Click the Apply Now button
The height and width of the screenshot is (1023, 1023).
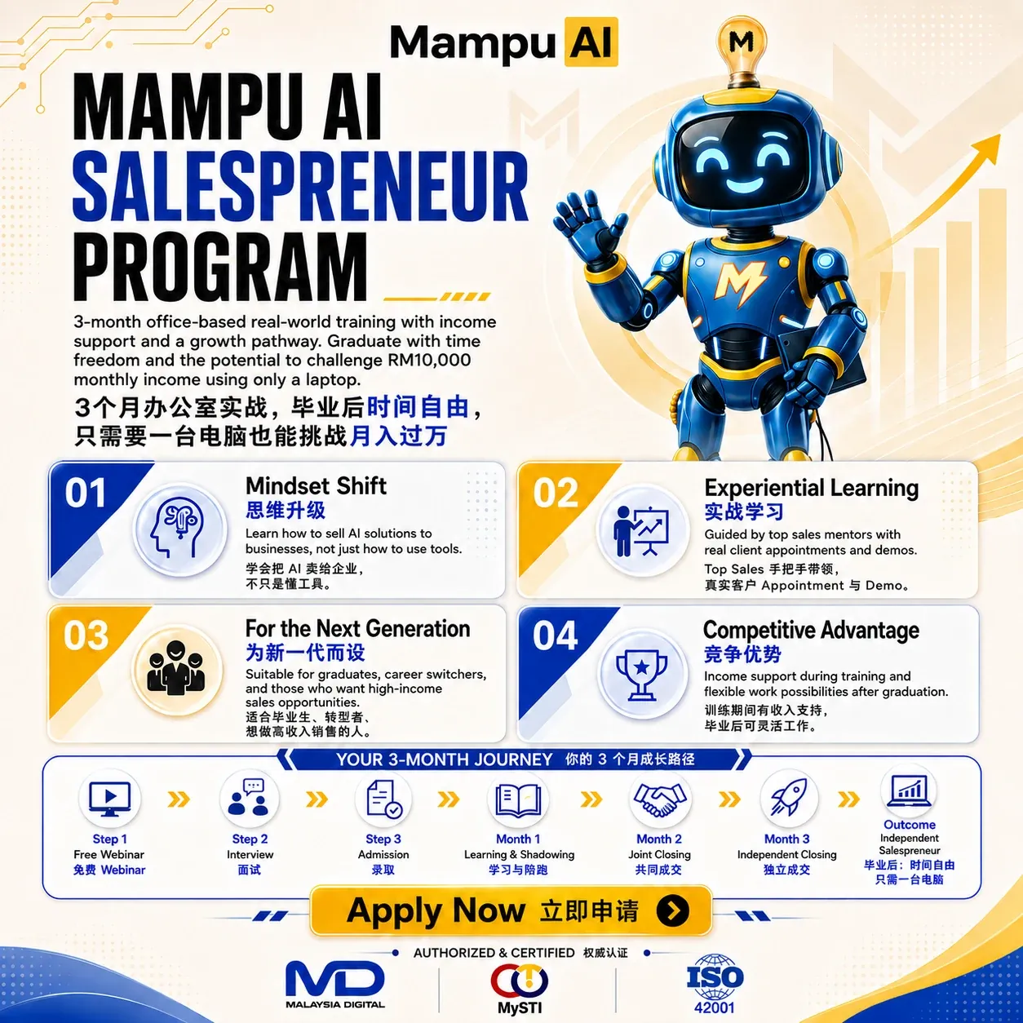511,911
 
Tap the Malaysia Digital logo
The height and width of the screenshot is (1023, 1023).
335,984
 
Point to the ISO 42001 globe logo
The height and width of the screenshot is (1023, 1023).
715,984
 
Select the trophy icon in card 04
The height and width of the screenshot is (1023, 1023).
642,674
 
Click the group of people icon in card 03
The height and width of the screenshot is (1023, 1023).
177,670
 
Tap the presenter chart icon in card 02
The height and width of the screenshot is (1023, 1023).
642,531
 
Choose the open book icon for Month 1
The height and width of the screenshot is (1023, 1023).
518,799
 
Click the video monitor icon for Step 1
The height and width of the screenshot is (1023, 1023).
109,799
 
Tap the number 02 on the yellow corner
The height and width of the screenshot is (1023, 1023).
556,493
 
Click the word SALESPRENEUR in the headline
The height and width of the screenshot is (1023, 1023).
300,186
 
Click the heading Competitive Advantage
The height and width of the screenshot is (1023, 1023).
811,630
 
